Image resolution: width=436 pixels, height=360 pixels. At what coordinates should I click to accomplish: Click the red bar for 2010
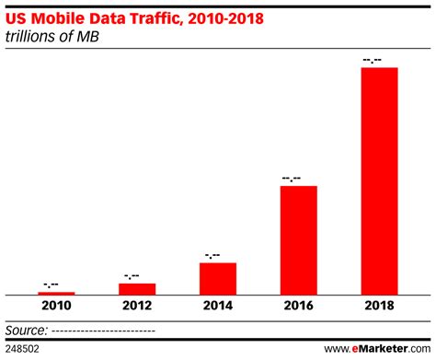coord(56,293)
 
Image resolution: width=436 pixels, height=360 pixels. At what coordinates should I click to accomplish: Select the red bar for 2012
coord(137,288)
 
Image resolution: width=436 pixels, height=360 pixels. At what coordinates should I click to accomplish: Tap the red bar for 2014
coord(217,278)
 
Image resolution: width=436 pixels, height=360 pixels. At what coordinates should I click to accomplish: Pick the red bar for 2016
coord(298,239)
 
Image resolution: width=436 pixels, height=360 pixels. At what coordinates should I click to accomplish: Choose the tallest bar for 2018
coord(379,180)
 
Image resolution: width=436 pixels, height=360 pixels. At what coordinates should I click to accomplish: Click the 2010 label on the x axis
coord(56,308)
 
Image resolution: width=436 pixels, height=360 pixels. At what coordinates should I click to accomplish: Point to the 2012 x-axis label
coord(137,308)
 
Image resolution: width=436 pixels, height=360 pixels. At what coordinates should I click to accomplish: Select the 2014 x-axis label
coord(217,308)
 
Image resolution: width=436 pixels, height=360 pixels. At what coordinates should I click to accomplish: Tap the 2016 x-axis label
coord(298,308)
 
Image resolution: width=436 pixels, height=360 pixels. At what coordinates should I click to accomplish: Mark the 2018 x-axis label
coord(379,308)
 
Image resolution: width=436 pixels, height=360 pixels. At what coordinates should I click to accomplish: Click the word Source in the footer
coord(27,329)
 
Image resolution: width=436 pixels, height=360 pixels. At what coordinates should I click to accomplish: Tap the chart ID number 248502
coord(22,349)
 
